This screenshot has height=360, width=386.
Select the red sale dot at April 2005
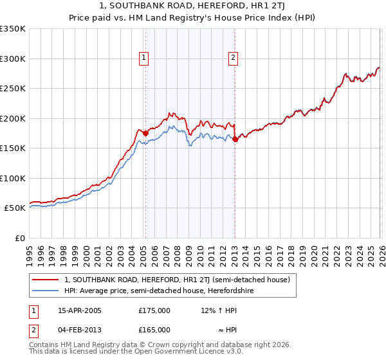point(145,133)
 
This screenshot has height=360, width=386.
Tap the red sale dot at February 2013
point(235,139)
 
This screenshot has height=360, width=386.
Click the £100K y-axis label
point(13,178)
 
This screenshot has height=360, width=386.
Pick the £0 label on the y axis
point(19,238)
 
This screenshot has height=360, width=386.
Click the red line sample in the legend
point(46,280)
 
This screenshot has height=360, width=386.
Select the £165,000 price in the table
point(154,329)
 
